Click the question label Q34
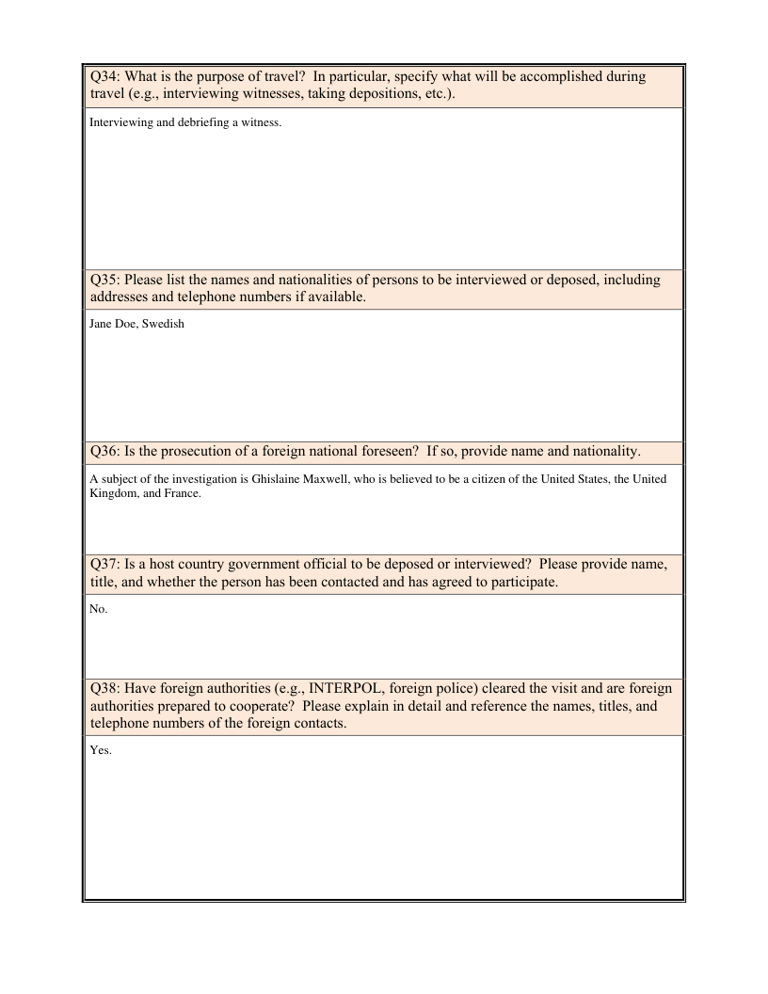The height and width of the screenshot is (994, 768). point(104,77)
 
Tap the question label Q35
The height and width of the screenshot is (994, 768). point(104,280)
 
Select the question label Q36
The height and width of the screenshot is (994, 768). point(104,451)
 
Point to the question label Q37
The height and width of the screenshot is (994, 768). point(104,564)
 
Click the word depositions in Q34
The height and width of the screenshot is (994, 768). point(406,96)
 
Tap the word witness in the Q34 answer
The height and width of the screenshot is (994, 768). point(262,121)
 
